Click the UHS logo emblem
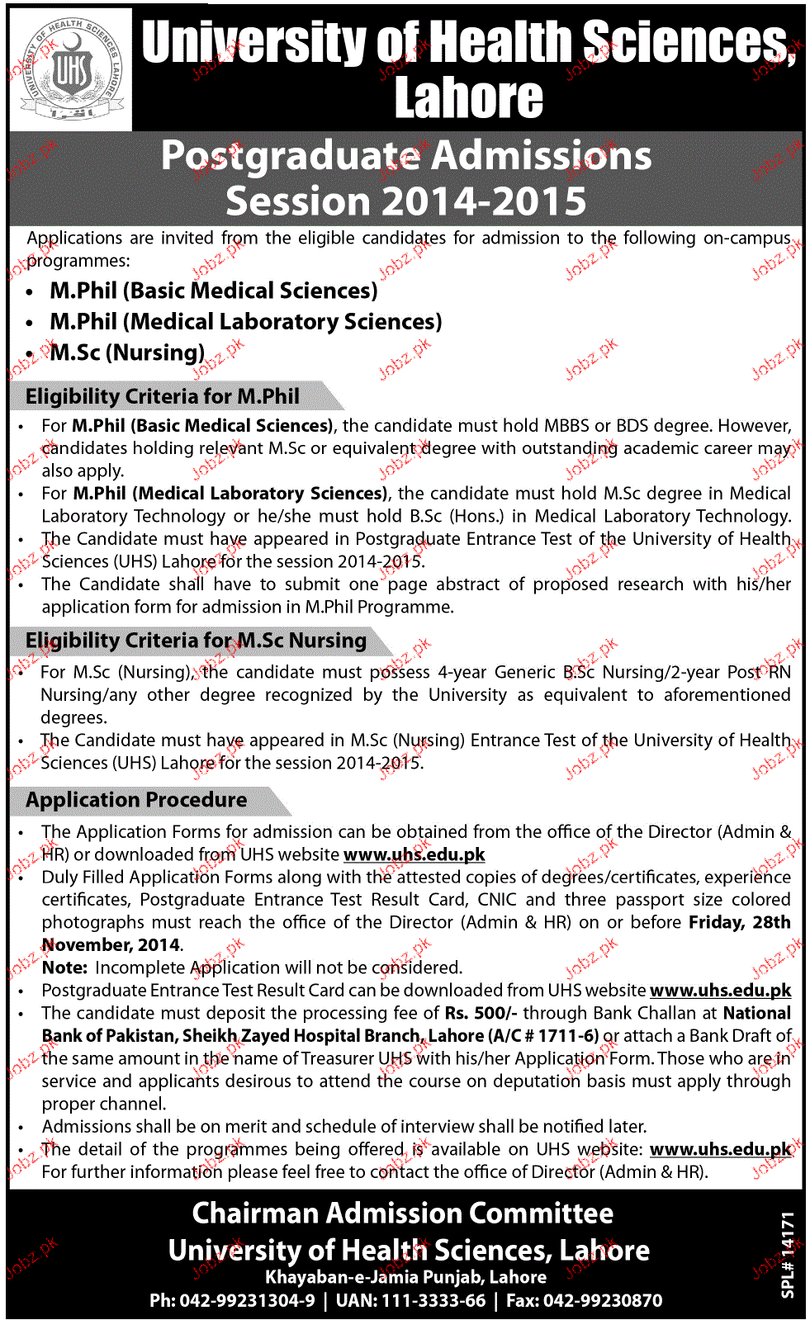click(x=70, y=70)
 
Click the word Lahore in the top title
click(x=468, y=99)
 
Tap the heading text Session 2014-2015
click(x=405, y=201)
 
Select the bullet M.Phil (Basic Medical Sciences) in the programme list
click(x=213, y=291)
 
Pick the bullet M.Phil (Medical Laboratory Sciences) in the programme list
click(x=245, y=322)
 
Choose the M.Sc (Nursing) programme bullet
click(x=126, y=353)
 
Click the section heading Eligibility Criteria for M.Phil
click(x=163, y=397)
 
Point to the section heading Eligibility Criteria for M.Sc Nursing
click(x=196, y=641)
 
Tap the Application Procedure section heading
click(x=136, y=800)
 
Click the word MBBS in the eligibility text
click(x=566, y=426)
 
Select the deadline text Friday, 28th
click(x=739, y=922)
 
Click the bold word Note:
click(x=64, y=968)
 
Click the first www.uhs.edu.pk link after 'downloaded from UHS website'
click(x=414, y=854)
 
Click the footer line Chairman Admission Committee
click(x=403, y=1214)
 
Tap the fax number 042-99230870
click(x=596, y=1301)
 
